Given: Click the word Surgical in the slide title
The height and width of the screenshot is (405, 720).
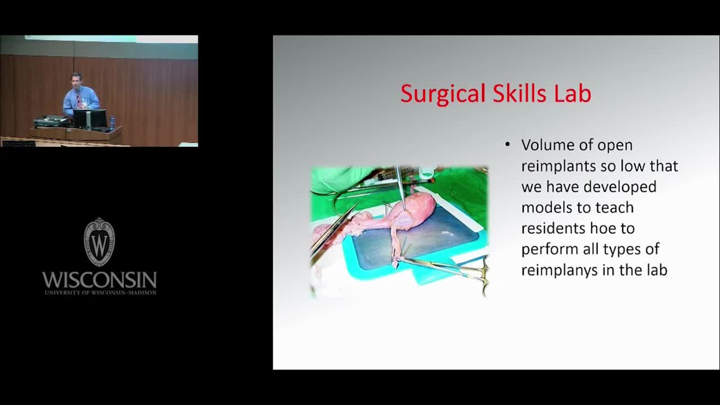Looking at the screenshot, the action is pos(443,94).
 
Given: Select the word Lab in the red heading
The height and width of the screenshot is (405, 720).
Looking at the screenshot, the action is pos(572,93).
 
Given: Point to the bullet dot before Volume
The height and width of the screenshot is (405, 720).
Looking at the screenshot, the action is pos(507,145).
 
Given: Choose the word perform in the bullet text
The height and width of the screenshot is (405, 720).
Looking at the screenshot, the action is pos(549,249).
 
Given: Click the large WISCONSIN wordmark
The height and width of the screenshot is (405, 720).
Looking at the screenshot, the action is pos(100,280).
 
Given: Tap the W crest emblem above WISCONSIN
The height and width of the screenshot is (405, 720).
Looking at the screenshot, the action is pos(100,242).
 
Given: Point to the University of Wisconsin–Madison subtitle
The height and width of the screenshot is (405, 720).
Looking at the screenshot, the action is pos(101,292).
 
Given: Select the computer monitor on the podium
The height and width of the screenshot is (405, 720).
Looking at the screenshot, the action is pos(90,118).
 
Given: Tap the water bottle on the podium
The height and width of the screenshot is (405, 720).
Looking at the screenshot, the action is pos(112,123).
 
